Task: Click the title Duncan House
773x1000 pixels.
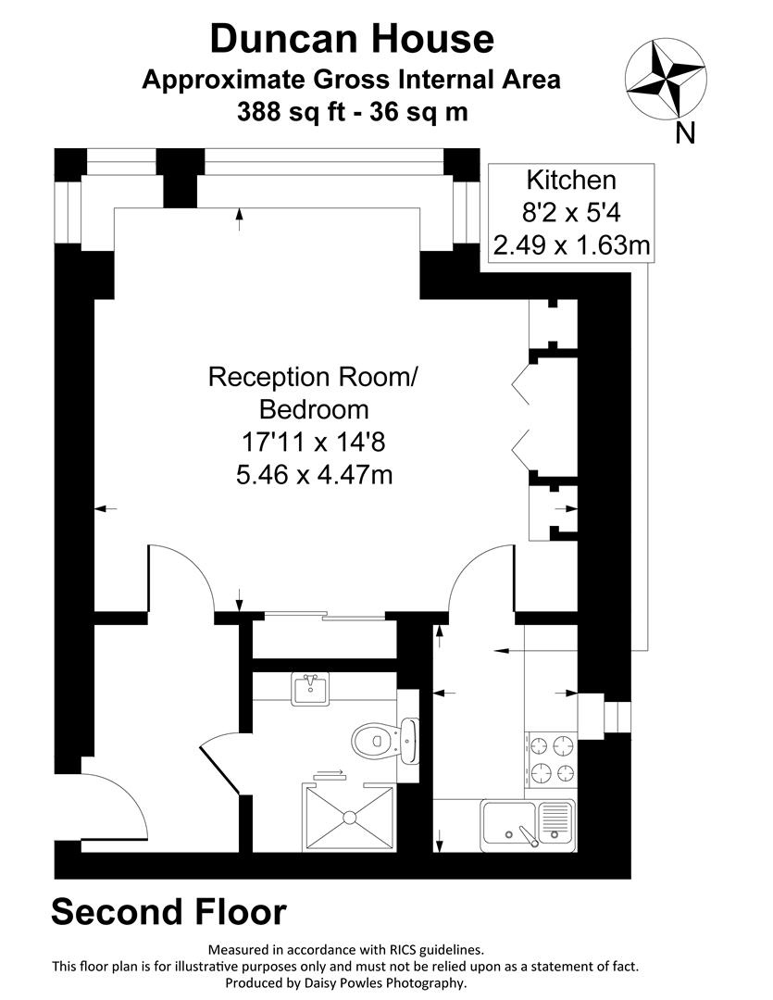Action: pos(352,39)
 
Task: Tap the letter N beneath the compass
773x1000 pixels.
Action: pos(685,134)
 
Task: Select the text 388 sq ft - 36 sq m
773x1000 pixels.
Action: pos(352,113)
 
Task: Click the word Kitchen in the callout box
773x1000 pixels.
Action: pos(570,180)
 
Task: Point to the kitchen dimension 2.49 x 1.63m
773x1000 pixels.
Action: pos(570,246)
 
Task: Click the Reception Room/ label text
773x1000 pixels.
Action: pos(314,377)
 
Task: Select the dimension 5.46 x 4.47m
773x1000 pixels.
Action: pos(314,475)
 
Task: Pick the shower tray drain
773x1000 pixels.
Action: pos(351,817)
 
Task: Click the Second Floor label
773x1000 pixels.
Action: pos(168,911)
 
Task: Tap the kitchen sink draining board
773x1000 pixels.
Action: pos(555,819)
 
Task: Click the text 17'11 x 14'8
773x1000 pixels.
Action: pos(314,443)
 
